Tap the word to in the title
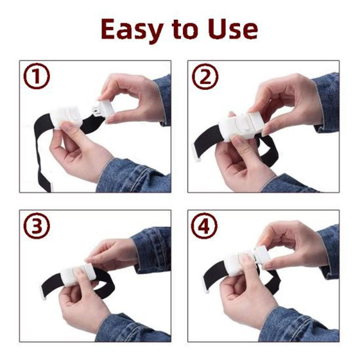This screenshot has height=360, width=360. click(x=185, y=30)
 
